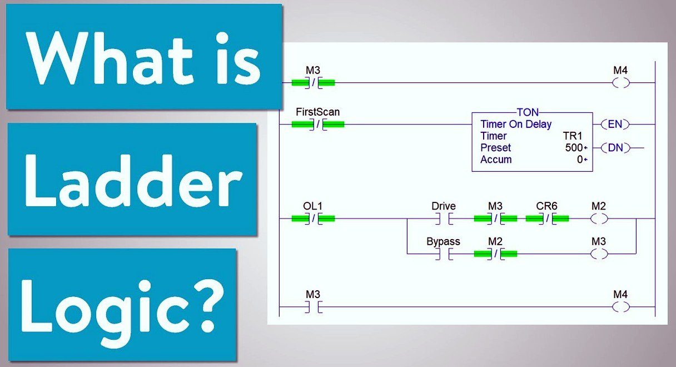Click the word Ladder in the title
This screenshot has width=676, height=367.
[133, 181]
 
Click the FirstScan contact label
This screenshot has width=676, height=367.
[317, 112]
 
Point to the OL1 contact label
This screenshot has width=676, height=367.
[312, 206]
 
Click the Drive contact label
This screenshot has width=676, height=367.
[443, 206]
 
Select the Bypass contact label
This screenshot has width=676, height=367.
[443, 242]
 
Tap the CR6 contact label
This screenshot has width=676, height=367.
[546, 206]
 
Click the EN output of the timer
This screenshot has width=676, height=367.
[615, 124]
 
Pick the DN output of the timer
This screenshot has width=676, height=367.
[615, 147]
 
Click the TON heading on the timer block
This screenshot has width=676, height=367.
[528, 112]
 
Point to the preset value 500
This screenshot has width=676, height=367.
[574, 147]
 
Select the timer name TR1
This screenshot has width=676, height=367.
[573, 136]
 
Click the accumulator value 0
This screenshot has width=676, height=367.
[580, 160]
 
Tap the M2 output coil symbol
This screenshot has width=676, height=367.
[599, 219]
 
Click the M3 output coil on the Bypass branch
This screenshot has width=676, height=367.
[599, 254]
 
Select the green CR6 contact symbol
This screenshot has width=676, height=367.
[547, 219]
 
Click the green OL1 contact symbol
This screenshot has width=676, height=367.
[313, 219]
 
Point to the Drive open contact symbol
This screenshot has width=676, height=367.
[444, 219]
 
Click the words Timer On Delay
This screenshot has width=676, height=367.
[516, 124]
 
